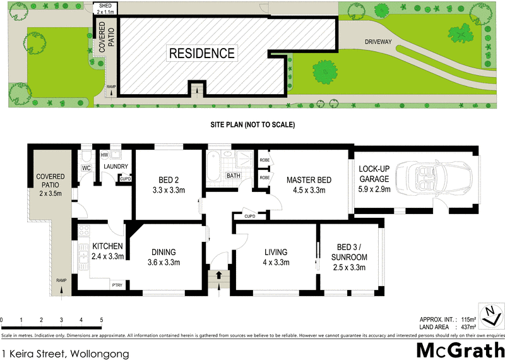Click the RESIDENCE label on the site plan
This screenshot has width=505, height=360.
(202, 54)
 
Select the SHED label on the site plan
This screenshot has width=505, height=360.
(102, 6)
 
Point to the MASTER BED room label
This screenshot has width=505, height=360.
(305, 179)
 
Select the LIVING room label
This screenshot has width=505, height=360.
(276, 251)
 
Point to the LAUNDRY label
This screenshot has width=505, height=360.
(116, 167)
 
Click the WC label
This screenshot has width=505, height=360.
(86, 168)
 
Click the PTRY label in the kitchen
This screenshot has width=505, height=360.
(117, 285)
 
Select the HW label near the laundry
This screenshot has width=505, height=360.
(104, 154)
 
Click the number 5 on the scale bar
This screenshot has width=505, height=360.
(101, 320)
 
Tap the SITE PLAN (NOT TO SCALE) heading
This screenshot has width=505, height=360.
(252, 125)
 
